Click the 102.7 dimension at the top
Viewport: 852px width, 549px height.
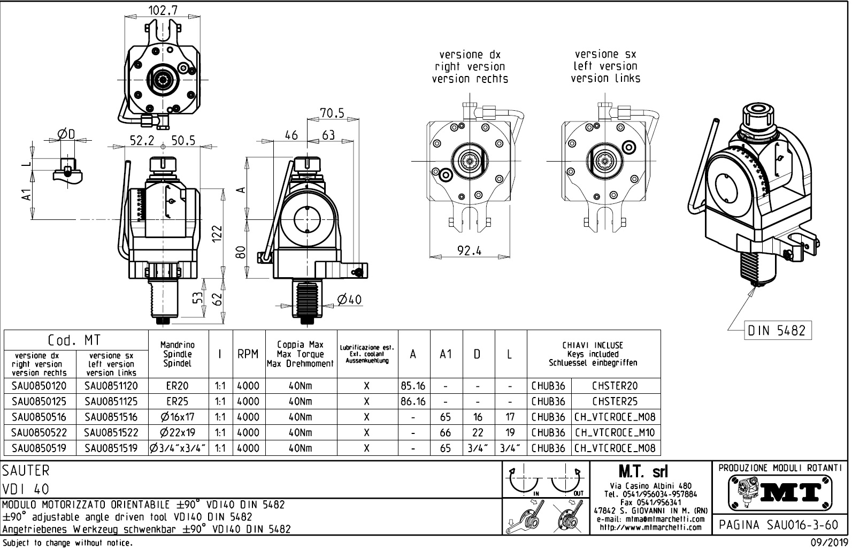point(163,10)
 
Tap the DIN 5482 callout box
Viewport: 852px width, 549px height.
point(778,331)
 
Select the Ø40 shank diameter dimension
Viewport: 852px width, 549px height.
point(349,300)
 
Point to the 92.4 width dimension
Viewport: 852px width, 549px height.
point(469,250)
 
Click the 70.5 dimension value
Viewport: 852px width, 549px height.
point(332,112)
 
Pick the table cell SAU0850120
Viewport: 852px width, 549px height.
point(40,386)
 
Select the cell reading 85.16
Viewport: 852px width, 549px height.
point(413,386)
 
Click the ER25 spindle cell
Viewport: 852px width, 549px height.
point(177,401)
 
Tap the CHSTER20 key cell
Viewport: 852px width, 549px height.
point(615,386)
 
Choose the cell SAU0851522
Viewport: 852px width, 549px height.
point(112,432)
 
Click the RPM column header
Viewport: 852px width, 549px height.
point(248,354)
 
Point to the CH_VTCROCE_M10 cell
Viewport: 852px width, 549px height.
point(615,432)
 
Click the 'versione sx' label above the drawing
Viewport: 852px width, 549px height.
point(605,54)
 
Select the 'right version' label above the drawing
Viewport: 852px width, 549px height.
point(470,67)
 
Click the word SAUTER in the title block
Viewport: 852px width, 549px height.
point(26,471)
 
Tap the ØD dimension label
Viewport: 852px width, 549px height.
point(67,134)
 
